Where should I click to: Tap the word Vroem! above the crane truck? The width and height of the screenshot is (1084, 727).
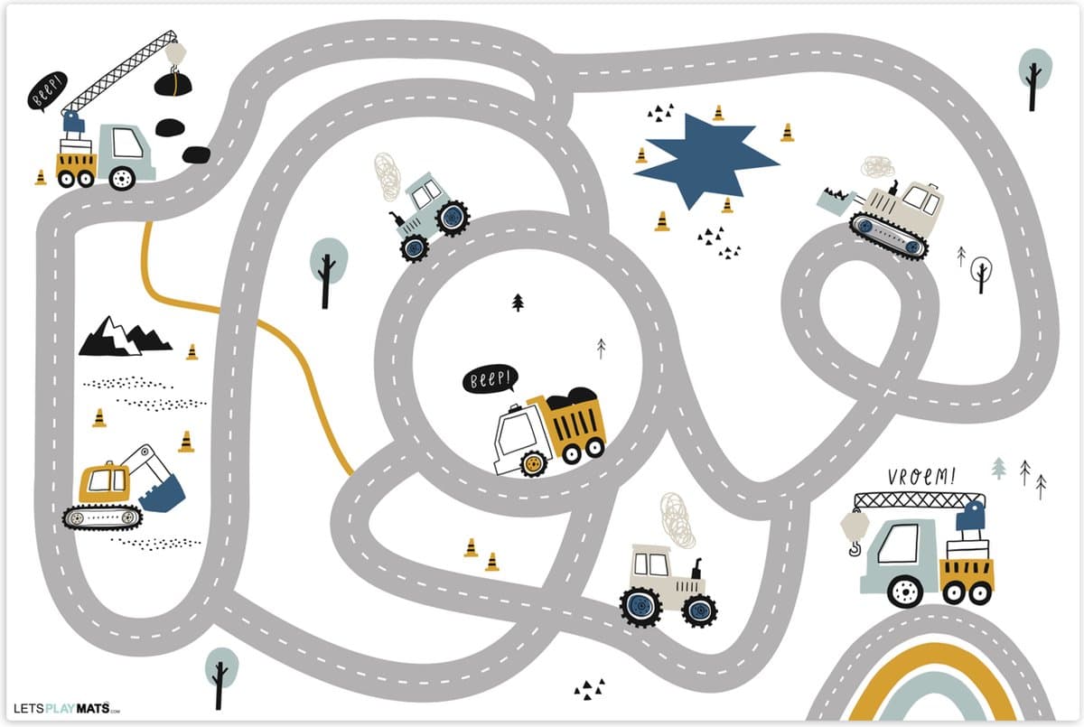921,476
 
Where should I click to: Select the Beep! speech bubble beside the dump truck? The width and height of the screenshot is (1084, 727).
491,378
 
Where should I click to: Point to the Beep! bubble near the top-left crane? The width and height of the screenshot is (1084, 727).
47,91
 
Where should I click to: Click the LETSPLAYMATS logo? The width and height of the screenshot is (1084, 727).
67,709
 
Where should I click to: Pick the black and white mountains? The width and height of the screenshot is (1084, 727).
125,337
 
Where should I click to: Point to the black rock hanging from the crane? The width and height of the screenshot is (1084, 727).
173,85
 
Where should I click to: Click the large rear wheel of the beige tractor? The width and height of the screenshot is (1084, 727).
640,607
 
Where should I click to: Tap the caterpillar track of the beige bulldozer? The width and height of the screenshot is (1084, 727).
889,237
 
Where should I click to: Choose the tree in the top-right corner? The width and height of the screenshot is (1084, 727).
1035,79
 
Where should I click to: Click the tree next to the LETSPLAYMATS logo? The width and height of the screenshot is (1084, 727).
221,677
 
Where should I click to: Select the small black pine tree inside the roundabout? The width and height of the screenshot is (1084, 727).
518,303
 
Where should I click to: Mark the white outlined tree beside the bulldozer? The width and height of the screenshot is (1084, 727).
981,274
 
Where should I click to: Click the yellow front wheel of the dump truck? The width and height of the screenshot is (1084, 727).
533,463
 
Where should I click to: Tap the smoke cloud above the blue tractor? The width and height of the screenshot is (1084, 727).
388,176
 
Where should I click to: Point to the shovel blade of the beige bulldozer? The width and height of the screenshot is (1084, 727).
835,200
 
